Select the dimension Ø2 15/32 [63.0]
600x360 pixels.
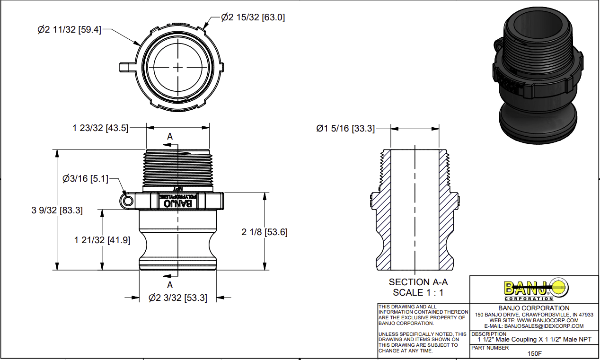pos(253,18)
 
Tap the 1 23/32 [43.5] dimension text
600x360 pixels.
pos(100,128)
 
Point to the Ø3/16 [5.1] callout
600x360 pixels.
pos(85,179)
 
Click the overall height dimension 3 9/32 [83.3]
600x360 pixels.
pos(57,211)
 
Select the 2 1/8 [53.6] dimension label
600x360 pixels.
pos(265,232)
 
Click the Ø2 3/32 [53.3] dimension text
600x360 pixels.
pos(177,298)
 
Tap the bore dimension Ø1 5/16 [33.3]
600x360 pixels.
pos(345,128)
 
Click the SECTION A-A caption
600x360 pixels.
pos(418,282)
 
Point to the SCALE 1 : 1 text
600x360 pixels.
pos(418,292)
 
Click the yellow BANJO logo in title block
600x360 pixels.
pos(535,288)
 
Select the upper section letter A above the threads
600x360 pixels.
pos(170,136)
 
